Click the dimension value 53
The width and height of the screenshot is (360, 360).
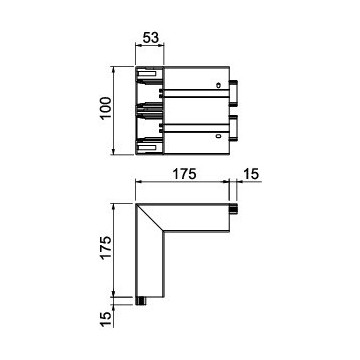151,38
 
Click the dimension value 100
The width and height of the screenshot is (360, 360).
105,108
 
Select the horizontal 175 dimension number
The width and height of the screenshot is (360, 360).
184,174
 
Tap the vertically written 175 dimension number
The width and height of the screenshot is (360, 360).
105,247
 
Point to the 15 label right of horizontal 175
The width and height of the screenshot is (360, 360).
251,174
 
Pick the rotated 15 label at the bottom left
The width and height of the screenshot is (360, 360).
105,320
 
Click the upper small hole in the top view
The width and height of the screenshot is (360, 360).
218,85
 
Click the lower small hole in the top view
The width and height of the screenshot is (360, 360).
218,136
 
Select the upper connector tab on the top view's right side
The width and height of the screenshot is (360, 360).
233,93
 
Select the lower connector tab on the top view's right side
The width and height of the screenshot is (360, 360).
233,128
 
